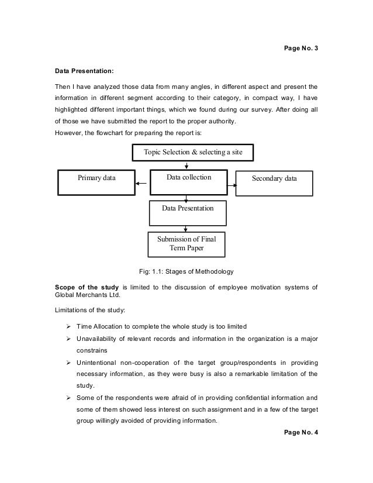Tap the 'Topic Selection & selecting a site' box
click(x=194, y=153)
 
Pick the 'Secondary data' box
click(x=274, y=182)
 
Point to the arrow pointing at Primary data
click(x=140, y=183)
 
